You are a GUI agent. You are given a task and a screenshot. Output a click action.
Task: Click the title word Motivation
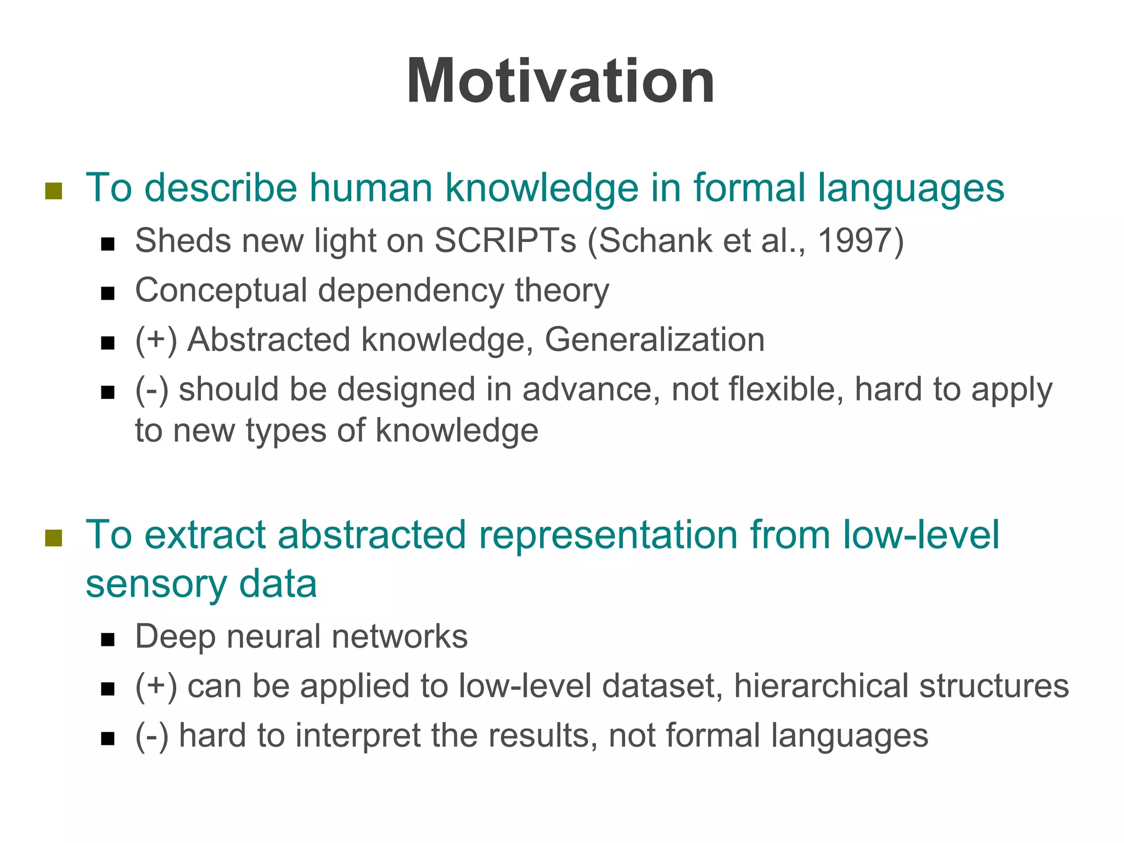tap(560, 82)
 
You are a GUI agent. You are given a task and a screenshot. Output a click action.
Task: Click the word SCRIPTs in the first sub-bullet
tap(505, 241)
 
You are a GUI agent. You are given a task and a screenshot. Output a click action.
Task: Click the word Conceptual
tap(221, 291)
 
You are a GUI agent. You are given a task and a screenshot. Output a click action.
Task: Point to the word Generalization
tap(654, 340)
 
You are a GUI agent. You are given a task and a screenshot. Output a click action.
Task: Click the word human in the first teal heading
tap(370, 188)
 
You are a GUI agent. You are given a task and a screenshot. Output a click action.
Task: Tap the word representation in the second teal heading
tap(608, 535)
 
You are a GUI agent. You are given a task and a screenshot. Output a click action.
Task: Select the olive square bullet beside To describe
tap(53, 191)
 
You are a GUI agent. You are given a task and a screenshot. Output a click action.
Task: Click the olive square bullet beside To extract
tap(53, 538)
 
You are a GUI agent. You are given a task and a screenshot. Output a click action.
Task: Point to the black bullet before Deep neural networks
tap(108, 640)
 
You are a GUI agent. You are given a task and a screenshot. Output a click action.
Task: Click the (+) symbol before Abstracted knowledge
tap(156, 340)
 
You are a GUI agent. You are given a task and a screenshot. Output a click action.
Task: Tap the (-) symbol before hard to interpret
tap(151, 737)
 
